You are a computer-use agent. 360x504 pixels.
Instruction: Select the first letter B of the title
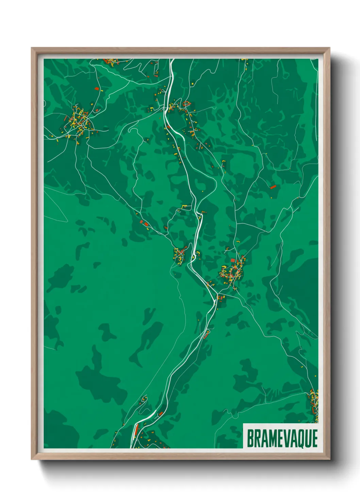tap(250, 438)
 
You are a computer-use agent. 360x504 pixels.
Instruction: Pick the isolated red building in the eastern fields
tap(273, 187)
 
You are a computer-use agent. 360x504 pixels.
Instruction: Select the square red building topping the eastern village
tap(233, 261)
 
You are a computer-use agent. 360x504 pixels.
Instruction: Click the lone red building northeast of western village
tap(97, 89)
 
